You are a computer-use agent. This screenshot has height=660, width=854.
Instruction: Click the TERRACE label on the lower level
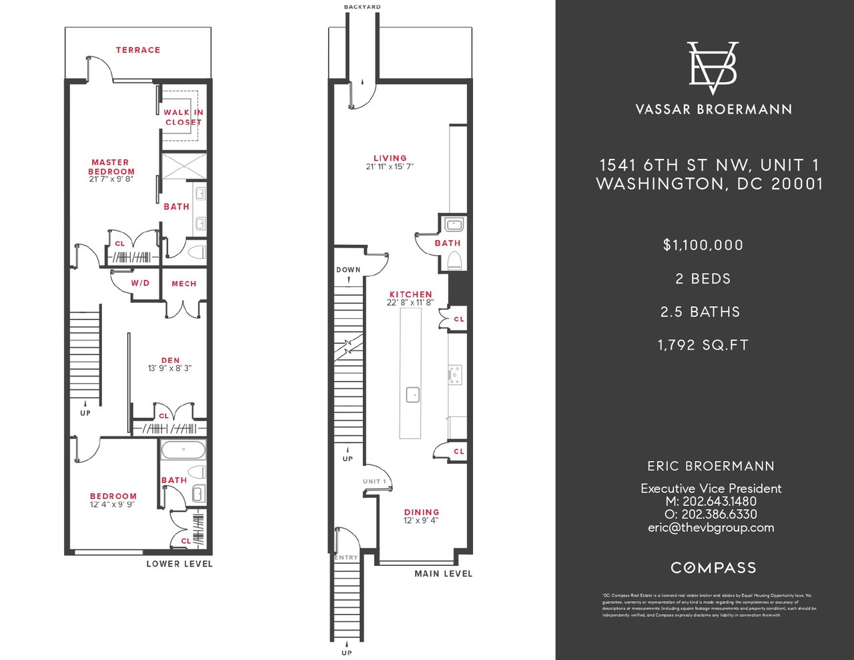tap(138, 50)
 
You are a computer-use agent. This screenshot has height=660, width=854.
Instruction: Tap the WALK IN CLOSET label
tap(183, 117)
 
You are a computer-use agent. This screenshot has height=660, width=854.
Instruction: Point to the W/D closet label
tap(140, 283)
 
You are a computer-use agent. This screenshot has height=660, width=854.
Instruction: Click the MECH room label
tap(184, 284)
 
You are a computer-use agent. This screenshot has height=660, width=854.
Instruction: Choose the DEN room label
tap(170, 361)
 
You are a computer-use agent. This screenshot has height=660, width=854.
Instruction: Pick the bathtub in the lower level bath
tap(183, 450)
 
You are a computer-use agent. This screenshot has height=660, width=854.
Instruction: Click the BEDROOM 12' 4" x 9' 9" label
tap(113, 497)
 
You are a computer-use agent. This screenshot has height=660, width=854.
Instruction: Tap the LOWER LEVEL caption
tap(179, 564)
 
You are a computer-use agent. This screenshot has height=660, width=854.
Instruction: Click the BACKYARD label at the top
tap(362, 7)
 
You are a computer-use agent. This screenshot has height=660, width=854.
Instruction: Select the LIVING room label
tap(390, 159)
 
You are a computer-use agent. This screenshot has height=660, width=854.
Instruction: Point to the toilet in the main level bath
tap(454, 260)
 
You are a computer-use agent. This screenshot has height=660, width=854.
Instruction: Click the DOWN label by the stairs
tap(348, 270)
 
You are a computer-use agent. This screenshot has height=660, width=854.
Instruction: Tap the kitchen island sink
tap(413, 395)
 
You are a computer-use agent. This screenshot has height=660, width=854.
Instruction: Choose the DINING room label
tap(422, 513)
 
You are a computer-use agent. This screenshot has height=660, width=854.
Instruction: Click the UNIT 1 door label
tap(374, 481)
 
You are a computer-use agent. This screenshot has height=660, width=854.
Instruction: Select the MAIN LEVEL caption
tap(443, 574)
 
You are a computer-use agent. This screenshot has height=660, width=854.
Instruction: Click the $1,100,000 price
tap(703, 245)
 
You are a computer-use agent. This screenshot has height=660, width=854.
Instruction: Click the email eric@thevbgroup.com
tap(711, 527)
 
